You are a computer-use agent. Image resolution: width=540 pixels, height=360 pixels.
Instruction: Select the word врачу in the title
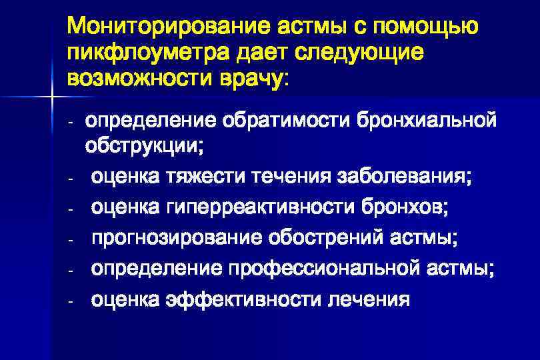click(x=248, y=79)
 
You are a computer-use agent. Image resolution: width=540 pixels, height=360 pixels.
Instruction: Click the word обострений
click(x=326, y=238)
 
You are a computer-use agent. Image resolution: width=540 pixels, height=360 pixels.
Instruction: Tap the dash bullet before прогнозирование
click(x=69, y=239)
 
